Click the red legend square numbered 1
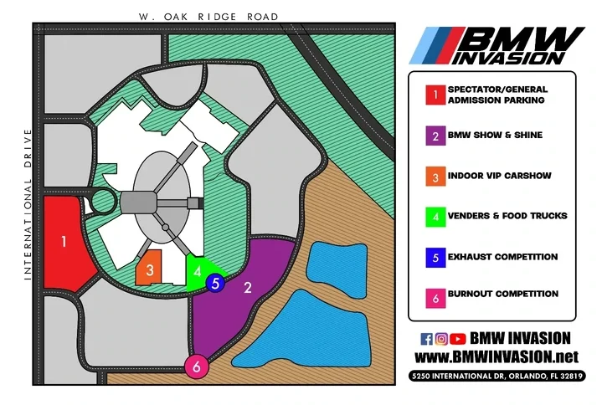click(x=434, y=95)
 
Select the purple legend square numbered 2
click(x=434, y=136)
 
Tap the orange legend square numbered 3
click(x=434, y=176)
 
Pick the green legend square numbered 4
click(x=434, y=216)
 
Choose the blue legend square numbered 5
click(x=434, y=257)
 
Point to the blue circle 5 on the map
click(x=215, y=284)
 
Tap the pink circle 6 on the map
click(x=196, y=366)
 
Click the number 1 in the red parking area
click(x=64, y=242)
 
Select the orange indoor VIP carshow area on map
click(x=149, y=269)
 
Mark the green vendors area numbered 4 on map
click(x=197, y=271)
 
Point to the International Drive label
click(x=28, y=204)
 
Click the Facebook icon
click(x=426, y=339)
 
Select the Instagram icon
click(x=441, y=339)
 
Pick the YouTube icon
click(x=457, y=339)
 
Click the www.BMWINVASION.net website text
click(x=497, y=357)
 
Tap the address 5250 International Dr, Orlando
click(x=497, y=377)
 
